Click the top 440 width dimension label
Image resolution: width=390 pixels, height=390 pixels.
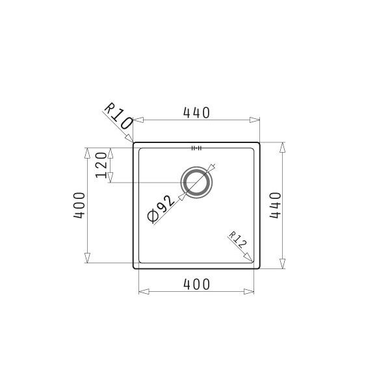[x=196, y=112]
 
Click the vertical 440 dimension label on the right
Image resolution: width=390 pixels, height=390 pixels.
[x=276, y=205]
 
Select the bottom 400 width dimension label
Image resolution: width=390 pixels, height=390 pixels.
[x=196, y=284]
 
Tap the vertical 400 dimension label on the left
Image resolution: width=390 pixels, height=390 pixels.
[x=79, y=205]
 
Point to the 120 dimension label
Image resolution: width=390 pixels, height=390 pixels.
[x=101, y=165]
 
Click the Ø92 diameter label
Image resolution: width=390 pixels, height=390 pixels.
[x=161, y=209]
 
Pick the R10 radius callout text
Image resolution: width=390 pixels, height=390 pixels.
[x=118, y=116]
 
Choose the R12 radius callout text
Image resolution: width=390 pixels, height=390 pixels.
[x=237, y=240]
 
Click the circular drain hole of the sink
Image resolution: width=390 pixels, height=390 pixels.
[x=196, y=183]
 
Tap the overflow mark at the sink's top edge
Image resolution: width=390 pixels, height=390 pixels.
[x=196, y=148]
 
